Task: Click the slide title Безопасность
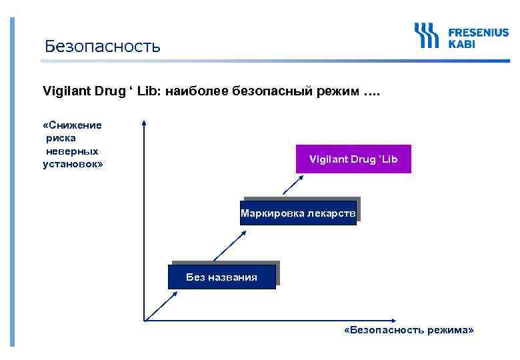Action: [x=102, y=46]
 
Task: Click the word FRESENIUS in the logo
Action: [x=478, y=32]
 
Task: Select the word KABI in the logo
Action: [x=462, y=44]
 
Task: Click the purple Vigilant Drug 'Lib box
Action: [x=353, y=159]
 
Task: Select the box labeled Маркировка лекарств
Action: [x=299, y=213]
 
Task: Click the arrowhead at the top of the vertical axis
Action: [x=143, y=123]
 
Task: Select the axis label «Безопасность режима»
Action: [x=409, y=331]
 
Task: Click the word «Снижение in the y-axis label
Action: [x=72, y=125]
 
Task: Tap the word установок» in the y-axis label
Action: [x=73, y=163]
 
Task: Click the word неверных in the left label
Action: [x=72, y=151]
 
